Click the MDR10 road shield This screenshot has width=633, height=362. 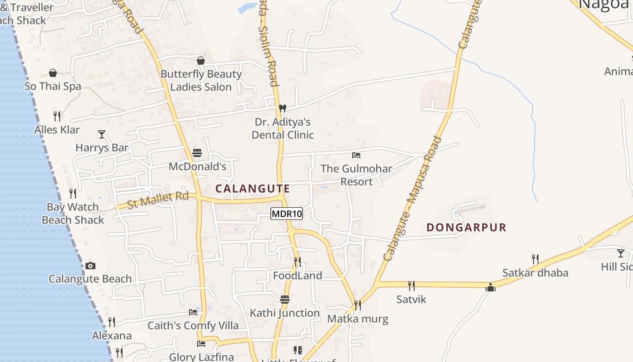287,214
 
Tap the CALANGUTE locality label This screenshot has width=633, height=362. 252,189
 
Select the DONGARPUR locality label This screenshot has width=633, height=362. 466,227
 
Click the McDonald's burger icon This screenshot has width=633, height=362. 197,153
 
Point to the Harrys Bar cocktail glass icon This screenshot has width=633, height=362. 102,134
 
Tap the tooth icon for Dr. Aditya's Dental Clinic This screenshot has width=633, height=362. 283,109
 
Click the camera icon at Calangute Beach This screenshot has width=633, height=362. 90,266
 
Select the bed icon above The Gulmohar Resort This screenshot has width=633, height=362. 356,155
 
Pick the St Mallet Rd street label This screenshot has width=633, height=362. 158,200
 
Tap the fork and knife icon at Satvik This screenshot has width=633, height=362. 411,286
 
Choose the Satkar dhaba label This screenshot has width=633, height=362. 535,273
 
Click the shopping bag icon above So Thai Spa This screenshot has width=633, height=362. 53,73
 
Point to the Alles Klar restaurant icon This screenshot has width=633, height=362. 57,116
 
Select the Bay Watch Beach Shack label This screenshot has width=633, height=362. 73,214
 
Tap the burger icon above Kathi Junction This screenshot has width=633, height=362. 284,300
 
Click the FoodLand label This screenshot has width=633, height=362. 298,276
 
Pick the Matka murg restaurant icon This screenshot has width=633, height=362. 357,305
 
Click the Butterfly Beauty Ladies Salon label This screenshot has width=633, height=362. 201,81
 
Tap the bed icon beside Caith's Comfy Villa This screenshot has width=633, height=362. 193,312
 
